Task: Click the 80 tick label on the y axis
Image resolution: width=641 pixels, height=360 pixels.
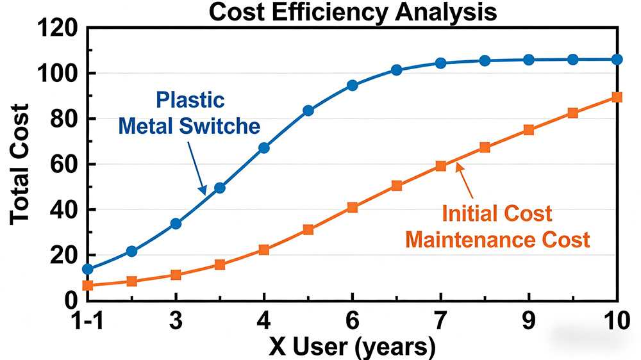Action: (x=65, y=119)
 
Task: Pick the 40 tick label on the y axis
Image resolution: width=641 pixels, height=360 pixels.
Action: (x=65, y=210)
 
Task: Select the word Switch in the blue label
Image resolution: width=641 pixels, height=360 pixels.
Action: (x=230, y=126)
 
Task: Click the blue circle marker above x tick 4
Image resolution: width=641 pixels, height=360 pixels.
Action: (x=264, y=148)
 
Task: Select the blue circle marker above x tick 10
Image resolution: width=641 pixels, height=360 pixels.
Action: (x=617, y=60)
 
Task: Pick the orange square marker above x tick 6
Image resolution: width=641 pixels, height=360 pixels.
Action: (x=352, y=208)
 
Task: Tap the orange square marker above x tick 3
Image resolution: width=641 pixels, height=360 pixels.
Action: (x=176, y=275)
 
